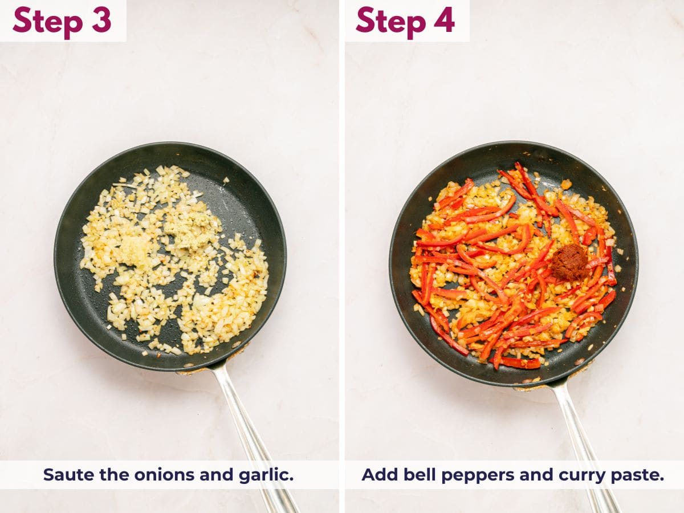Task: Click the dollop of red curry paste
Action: [x=569, y=262]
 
